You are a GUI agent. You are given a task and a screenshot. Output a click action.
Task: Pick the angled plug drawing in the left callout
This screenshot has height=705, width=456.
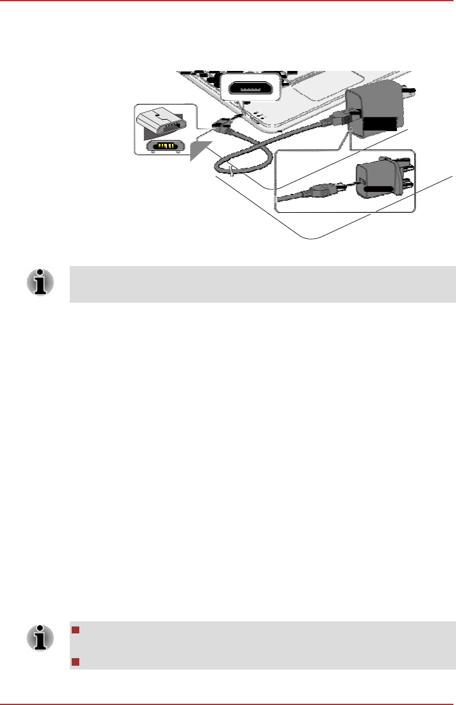point(162,122)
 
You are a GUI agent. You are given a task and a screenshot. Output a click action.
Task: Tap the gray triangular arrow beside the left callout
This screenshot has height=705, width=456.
point(200,151)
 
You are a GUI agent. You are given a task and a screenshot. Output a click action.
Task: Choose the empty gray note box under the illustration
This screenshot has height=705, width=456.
point(262,284)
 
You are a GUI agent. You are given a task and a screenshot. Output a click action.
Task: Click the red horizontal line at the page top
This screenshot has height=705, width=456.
point(228,1)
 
